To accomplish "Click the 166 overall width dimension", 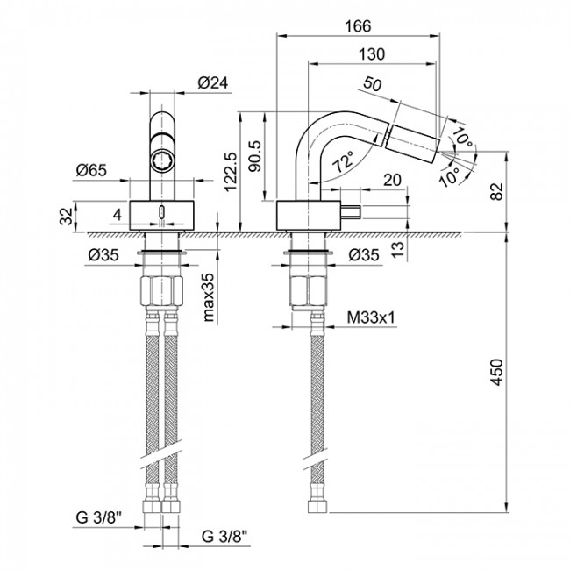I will pos(358,25).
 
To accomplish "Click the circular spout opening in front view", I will pos(162,160).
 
